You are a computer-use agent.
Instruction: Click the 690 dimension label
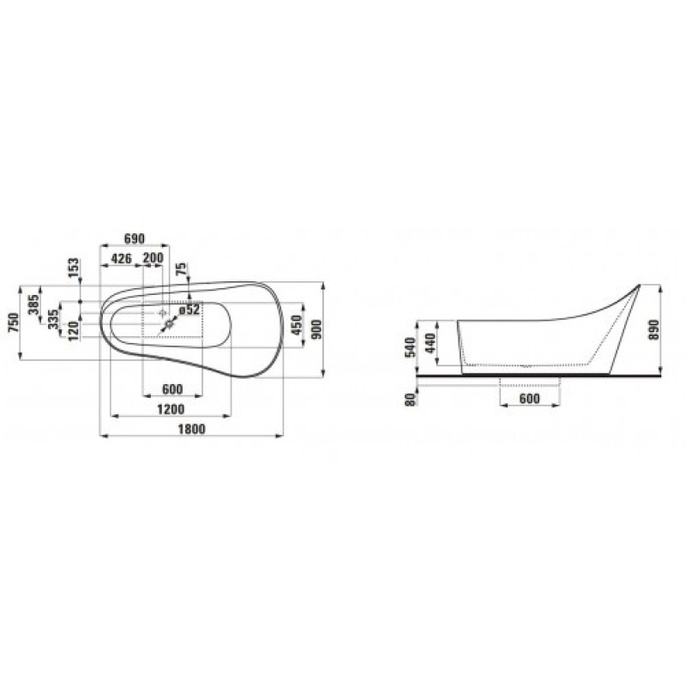click(x=135, y=239)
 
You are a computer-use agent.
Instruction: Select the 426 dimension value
click(x=121, y=259)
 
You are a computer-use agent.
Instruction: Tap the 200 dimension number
click(x=153, y=258)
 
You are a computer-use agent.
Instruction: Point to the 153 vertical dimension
click(x=74, y=268)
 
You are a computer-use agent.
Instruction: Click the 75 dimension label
click(x=182, y=269)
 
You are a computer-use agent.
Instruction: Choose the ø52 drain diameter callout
click(x=190, y=310)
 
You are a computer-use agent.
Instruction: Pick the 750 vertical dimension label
click(x=14, y=322)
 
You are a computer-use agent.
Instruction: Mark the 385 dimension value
click(x=33, y=304)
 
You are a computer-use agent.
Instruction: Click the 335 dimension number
click(x=53, y=319)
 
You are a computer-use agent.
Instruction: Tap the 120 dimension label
click(x=73, y=331)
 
